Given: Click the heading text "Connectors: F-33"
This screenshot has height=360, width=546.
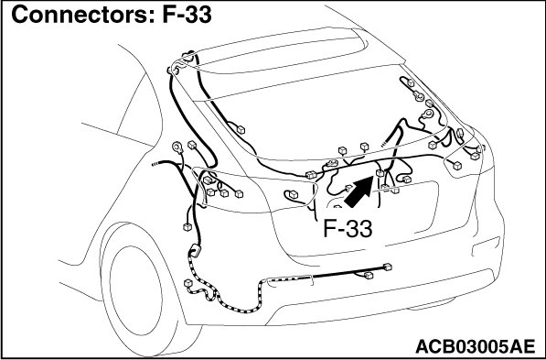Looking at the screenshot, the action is (112, 15).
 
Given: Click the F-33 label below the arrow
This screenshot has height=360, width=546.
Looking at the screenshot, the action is (348, 229).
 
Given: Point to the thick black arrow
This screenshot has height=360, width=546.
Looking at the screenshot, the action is (359, 191).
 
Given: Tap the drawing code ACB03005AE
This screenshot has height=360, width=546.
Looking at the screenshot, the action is (475, 346).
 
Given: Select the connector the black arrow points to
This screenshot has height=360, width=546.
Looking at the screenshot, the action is (380, 173).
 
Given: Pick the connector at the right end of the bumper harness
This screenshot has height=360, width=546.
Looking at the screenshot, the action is (387, 267).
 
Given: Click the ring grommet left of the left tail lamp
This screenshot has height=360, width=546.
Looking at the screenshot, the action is (177, 147).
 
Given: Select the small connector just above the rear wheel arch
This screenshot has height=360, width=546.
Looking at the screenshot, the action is (187, 227).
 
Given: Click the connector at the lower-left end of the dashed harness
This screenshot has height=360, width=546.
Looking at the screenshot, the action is (188, 283).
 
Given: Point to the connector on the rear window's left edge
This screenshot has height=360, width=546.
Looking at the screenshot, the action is (241, 130).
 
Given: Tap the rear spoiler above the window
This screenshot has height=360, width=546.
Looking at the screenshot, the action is (279, 52).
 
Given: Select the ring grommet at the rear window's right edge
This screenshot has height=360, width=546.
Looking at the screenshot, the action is (427, 114).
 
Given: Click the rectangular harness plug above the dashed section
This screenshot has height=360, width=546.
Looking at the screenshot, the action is (195, 251).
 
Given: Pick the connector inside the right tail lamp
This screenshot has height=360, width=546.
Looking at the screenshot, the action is (457, 166).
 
